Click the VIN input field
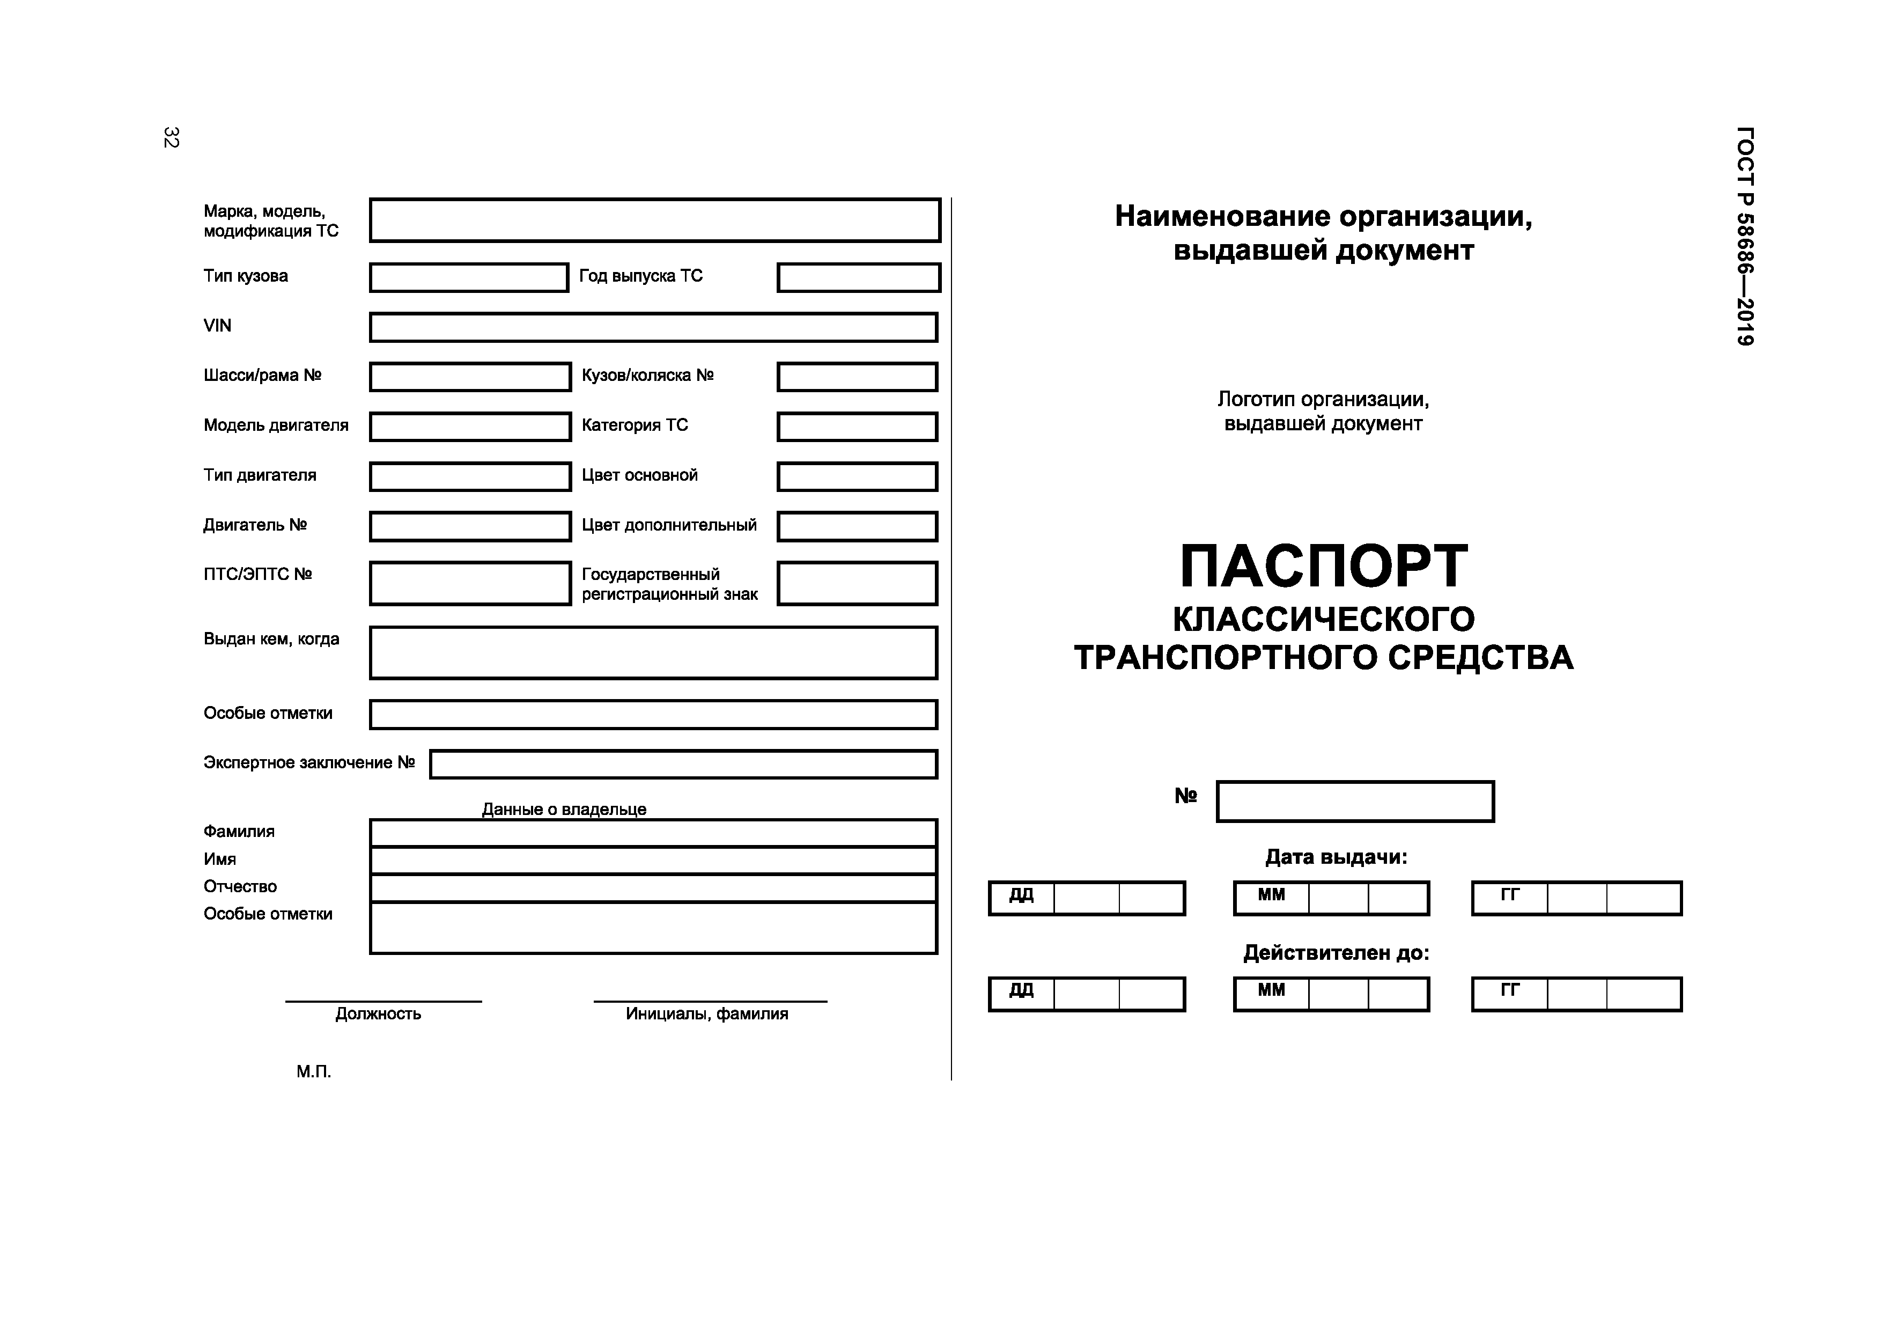click(x=653, y=327)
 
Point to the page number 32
click(x=171, y=138)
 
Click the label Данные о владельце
click(x=564, y=810)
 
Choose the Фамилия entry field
click(x=653, y=833)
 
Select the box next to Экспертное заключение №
click(x=683, y=765)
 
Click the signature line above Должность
click(x=383, y=1001)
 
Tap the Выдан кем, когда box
click(x=653, y=653)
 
